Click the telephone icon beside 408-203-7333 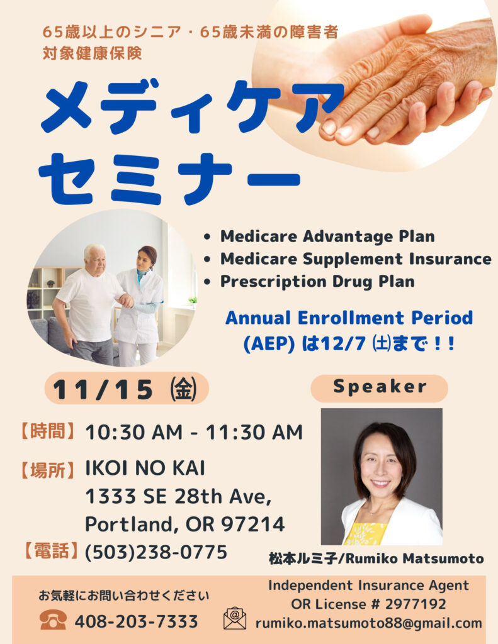53,619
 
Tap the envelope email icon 235,619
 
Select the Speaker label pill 379,387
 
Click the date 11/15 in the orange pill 103,389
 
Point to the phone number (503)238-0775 156,552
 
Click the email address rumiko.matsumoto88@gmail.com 368,623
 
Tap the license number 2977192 416,604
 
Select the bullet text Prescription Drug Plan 317,282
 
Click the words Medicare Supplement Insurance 356,258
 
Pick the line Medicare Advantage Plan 328,236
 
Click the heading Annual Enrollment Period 349,318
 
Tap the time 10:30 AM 133,432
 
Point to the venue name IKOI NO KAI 145,468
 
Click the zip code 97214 253,524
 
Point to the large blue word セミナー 169,179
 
